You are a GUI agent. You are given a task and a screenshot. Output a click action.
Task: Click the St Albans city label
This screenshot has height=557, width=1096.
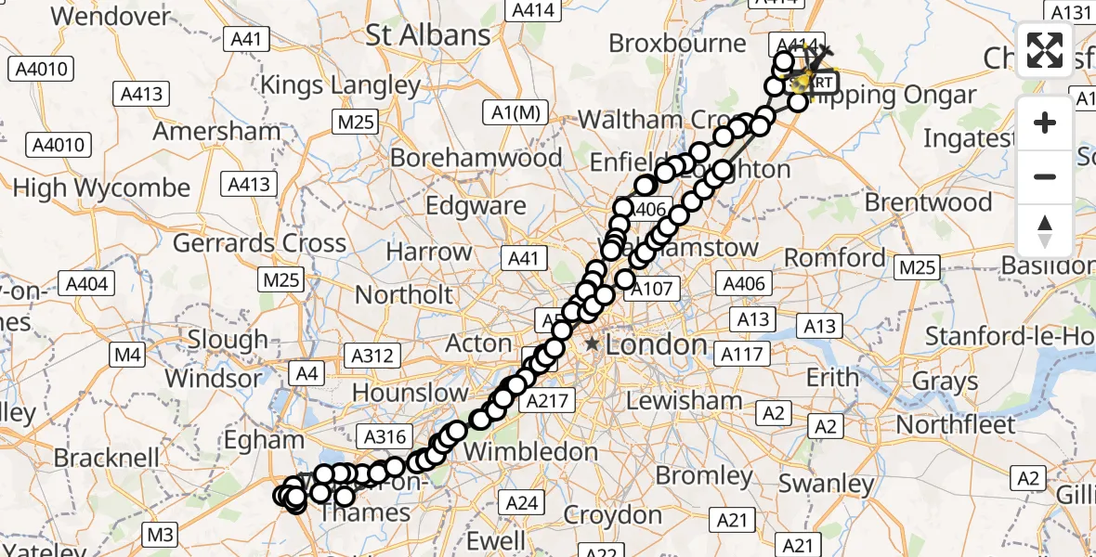coord(428,35)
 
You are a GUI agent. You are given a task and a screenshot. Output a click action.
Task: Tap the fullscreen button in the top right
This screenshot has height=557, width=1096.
coord(1045,50)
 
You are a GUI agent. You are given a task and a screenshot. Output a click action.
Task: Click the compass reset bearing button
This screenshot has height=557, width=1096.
coord(1045,231)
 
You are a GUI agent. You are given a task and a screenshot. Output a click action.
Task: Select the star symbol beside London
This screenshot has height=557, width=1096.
coord(592,344)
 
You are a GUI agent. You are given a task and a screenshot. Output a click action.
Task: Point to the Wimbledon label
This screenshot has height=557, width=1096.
coord(530,452)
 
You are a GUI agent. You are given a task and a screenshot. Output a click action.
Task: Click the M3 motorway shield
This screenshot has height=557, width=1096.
coord(160,534)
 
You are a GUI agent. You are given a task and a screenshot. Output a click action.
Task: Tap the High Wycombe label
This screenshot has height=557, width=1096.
coord(101,188)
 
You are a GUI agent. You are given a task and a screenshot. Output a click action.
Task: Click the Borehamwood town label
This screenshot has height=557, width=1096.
coord(476,158)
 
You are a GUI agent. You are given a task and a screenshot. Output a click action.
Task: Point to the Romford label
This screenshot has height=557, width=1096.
coord(835,257)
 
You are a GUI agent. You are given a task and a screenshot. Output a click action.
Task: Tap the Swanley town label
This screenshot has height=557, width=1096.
coord(826,484)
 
